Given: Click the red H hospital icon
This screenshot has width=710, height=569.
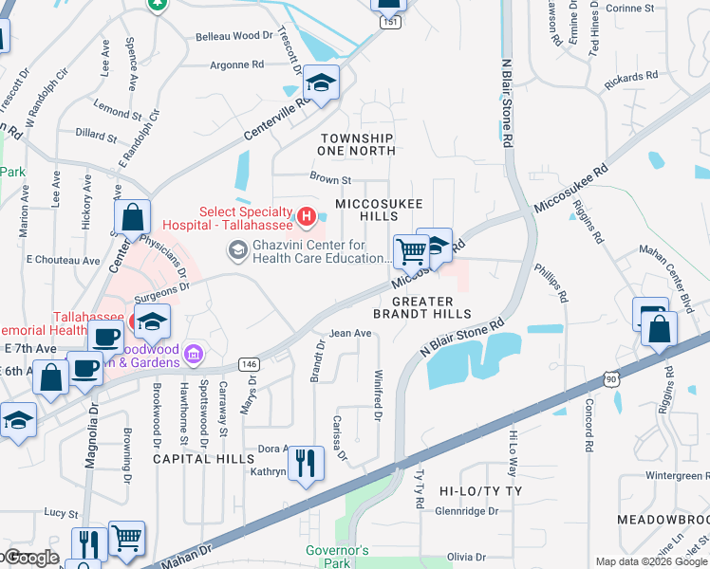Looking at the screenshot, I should click(306, 217).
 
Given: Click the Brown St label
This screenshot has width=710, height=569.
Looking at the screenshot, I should click(330, 178).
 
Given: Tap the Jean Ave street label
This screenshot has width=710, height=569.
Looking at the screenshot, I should click(349, 334).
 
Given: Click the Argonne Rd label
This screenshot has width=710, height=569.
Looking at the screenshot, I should click(237, 65).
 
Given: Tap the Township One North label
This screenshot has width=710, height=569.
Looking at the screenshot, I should click(356, 144).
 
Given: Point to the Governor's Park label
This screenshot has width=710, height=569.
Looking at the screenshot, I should click(337, 557).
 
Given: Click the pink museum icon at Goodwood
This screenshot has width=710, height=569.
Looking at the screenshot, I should click(194, 354).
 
